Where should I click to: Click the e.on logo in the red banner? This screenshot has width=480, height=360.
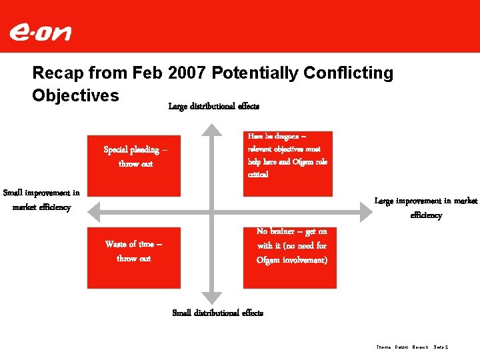click(x=40, y=32)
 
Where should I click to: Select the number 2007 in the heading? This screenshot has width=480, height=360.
click(x=171, y=73)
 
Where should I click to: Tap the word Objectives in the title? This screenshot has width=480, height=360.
click(x=75, y=95)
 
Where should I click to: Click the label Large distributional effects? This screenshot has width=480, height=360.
click(x=213, y=106)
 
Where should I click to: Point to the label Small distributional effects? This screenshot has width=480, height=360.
click(x=217, y=313)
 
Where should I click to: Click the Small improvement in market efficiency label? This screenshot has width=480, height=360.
click(x=41, y=200)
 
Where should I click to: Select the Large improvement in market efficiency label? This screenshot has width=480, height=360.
click(x=425, y=208)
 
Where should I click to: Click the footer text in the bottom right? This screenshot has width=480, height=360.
click(x=412, y=347)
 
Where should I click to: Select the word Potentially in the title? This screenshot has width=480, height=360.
click(x=247, y=73)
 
